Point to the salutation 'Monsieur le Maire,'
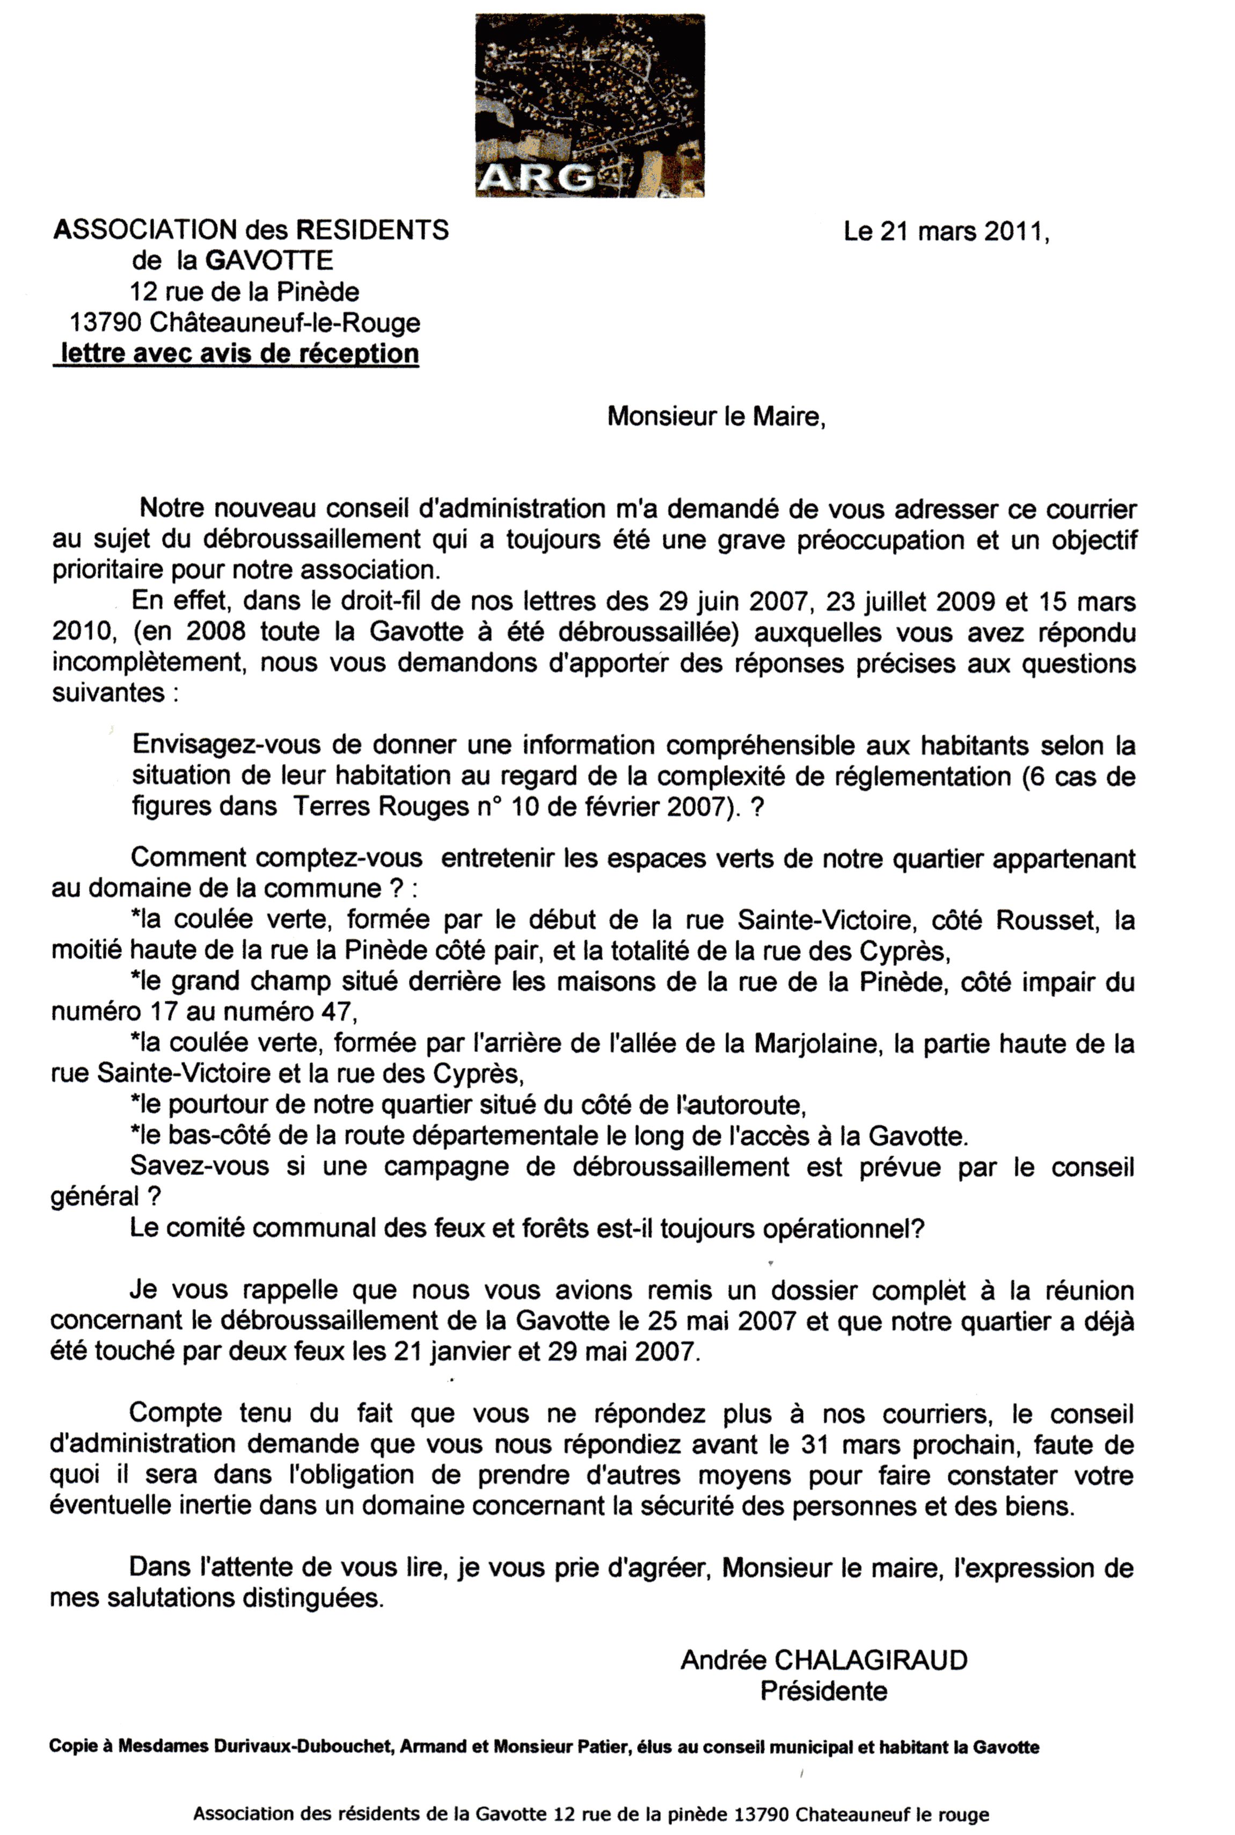(x=716, y=416)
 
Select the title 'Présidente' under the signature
(x=823, y=1691)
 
